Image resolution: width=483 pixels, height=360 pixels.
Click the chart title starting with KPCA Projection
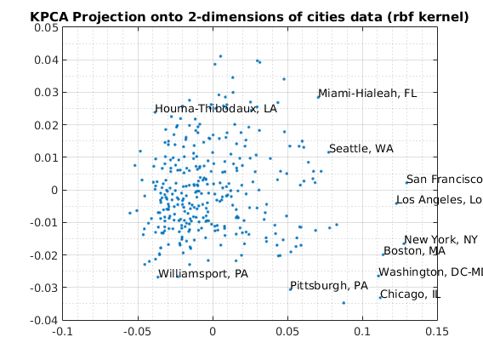coord(249,17)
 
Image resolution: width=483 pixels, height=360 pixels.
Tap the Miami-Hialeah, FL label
coord(367,93)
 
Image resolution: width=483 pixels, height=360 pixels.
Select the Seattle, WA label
coord(361,149)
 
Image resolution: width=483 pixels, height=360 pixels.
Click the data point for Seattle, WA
coord(329,152)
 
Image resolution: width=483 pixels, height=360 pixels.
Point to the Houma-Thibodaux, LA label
coord(216,108)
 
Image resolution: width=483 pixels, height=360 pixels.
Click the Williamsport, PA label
coord(203,274)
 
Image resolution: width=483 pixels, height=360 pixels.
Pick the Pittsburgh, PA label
coord(329,286)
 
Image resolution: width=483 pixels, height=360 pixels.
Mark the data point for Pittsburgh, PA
coord(290,289)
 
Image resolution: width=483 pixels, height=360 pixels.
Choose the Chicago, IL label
coord(411,294)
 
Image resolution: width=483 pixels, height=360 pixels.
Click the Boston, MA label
coord(415,251)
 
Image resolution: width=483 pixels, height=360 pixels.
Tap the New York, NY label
coord(440,239)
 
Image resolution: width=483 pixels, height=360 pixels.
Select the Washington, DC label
coord(430,271)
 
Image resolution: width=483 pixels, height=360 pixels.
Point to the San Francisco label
coord(445,179)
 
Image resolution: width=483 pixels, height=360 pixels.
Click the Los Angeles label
coord(440,200)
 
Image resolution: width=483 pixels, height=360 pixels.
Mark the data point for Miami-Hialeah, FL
coord(318,97)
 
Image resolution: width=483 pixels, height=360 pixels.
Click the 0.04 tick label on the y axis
coord(46,60)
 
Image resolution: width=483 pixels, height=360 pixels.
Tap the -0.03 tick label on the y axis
coord(44,288)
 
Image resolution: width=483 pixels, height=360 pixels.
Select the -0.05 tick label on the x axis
coord(137,332)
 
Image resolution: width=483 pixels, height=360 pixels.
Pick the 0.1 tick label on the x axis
coord(362,332)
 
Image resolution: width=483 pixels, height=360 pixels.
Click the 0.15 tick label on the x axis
coord(437,332)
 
